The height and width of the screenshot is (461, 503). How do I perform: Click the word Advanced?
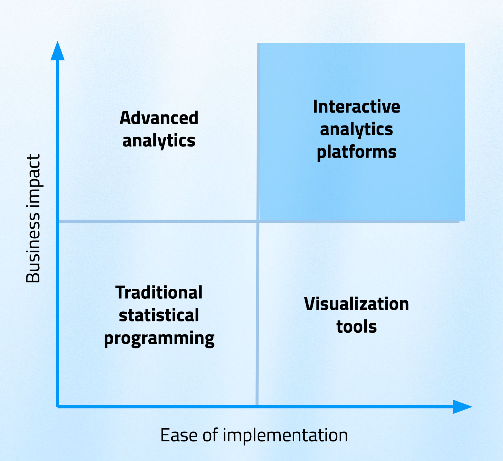coord(159,118)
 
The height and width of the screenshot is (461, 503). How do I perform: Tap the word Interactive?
coord(357,107)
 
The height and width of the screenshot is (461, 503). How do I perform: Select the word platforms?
coord(357,152)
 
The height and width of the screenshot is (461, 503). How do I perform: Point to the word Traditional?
coord(159,292)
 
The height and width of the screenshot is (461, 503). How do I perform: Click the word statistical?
coord(159,315)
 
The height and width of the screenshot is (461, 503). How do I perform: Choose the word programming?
coord(159,339)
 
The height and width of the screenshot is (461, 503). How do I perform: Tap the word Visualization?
coord(357,304)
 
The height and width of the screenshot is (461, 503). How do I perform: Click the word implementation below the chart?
coord(285,436)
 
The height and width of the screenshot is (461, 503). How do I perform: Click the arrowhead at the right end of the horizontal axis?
coord(462,407)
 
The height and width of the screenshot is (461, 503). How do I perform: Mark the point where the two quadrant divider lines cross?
coord(257,221)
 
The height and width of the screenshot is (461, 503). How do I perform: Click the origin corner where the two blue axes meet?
coord(58,407)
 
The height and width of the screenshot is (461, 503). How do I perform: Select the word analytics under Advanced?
coord(159,141)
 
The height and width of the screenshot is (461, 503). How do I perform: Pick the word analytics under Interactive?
coord(357,130)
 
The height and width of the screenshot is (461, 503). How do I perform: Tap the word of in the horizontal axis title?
coord(210,435)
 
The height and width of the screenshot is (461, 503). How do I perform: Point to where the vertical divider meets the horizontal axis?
coord(257,406)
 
